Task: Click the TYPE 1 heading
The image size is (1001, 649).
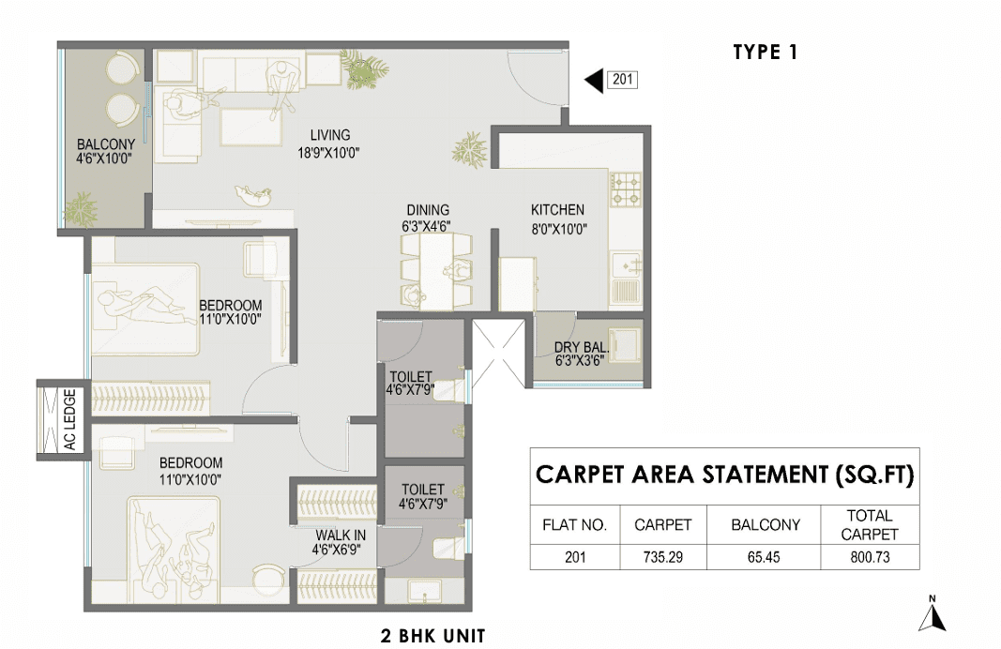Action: click(765, 52)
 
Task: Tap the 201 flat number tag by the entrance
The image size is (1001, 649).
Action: click(622, 79)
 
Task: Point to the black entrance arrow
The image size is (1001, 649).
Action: click(594, 80)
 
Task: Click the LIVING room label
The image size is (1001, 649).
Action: click(330, 135)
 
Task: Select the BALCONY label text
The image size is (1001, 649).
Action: click(106, 144)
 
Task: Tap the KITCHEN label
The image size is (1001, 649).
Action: click(557, 210)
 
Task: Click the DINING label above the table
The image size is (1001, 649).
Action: click(428, 210)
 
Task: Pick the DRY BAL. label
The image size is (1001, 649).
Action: click(581, 347)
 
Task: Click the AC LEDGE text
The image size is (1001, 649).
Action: click(70, 419)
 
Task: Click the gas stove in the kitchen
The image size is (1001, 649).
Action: click(626, 189)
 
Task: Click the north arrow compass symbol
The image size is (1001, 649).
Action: click(933, 614)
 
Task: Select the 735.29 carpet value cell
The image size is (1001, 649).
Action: click(662, 557)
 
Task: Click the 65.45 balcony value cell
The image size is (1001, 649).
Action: click(764, 557)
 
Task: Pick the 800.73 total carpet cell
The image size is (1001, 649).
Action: click(870, 557)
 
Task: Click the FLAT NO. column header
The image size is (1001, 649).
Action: click(574, 525)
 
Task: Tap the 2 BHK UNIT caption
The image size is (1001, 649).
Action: click(432, 636)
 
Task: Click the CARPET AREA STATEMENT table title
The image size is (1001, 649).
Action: click(724, 475)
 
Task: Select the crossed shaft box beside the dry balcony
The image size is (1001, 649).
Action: click(498, 353)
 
